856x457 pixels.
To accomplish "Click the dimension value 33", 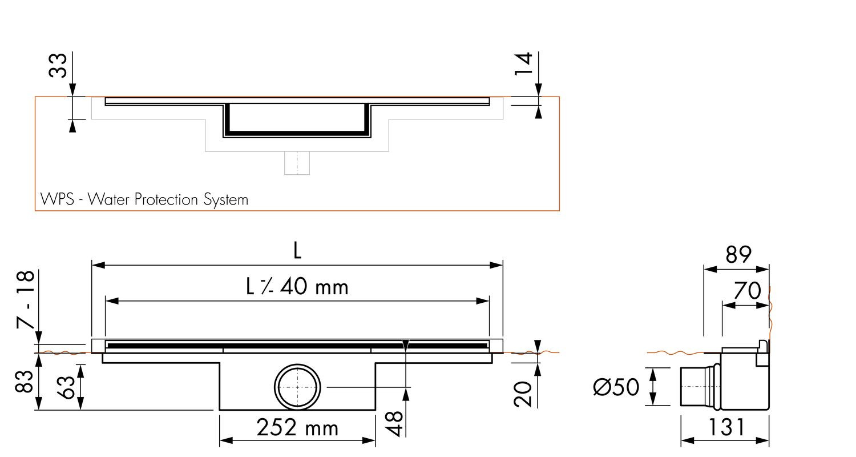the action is [x=58, y=65].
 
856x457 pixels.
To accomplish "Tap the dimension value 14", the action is [x=523, y=64].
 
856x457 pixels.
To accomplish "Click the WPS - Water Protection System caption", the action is [x=144, y=199].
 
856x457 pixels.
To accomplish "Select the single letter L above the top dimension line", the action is [x=297, y=251].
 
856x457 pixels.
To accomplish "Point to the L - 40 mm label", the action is [x=297, y=286].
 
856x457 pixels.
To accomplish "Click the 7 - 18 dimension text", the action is [x=26, y=299].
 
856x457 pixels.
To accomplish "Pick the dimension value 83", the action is [x=24, y=381].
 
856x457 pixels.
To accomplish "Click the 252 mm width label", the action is [x=297, y=427].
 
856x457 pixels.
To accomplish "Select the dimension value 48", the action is [x=394, y=424].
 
